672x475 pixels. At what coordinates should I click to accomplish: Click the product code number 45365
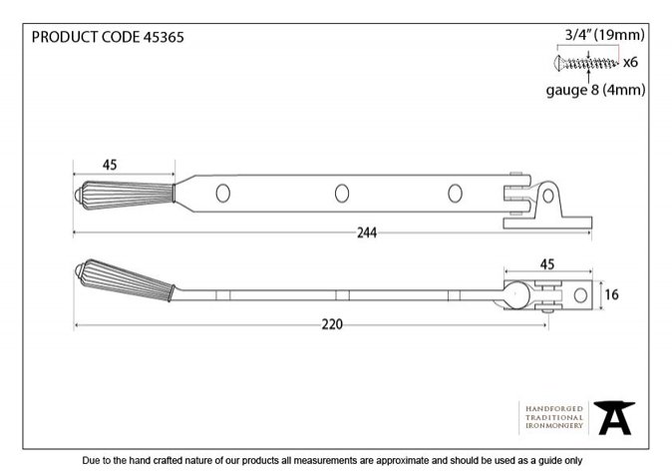pos(164,37)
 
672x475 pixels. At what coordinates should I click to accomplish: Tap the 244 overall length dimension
pos(367,233)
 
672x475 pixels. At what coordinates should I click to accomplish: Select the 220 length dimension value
pos(332,324)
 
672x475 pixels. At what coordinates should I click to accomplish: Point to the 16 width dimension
pos(612,294)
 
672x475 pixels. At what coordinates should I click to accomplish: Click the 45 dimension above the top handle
pos(110,165)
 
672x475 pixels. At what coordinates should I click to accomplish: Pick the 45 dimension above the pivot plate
pos(547,264)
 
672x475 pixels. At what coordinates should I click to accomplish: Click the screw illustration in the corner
pos(586,64)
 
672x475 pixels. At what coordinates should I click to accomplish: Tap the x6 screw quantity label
pos(630,63)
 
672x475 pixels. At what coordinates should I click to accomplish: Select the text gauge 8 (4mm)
pos(595,90)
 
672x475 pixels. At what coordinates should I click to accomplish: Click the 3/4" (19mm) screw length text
pos(605,35)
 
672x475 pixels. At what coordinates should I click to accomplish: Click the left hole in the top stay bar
pos(223,194)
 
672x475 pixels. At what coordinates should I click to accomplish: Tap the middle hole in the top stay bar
pos(342,194)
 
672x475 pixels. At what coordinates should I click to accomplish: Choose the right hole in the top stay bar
pos(455,194)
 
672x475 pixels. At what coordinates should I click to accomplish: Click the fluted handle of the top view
pos(125,196)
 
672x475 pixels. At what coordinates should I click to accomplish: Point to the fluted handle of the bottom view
pos(125,279)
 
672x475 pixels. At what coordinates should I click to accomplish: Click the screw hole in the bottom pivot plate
pos(580,295)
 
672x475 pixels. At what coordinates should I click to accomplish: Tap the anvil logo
pos(614,418)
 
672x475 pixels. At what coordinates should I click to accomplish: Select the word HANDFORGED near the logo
pos(554,409)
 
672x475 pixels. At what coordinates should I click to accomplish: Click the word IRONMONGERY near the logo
pos(554,426)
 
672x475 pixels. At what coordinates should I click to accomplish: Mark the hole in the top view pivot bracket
pos(547,196)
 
